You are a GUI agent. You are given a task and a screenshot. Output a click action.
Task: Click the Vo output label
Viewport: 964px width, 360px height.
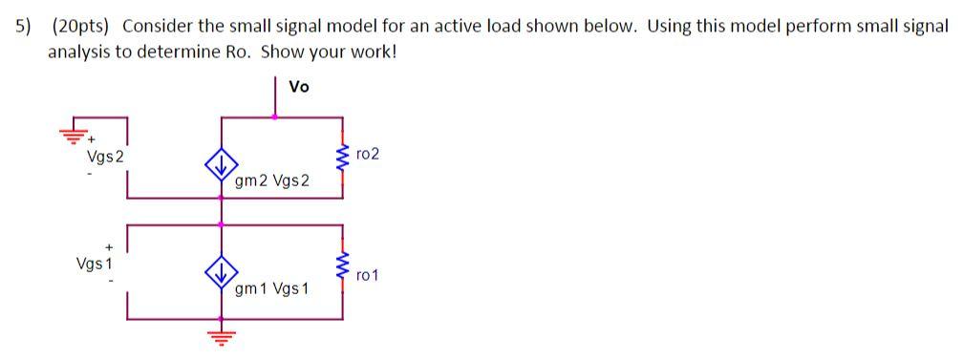299,87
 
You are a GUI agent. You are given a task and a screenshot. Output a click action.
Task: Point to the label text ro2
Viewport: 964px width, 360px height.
367,154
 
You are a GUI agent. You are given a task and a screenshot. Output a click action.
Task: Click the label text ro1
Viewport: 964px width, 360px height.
367,275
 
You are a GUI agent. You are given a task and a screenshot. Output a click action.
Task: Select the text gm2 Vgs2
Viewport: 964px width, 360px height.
272,180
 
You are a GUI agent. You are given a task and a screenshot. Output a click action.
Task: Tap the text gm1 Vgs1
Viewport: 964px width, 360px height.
272,288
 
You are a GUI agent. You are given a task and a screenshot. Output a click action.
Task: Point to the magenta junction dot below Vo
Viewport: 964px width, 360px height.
276,117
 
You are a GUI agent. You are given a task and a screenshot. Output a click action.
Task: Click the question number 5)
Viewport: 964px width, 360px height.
21,27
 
